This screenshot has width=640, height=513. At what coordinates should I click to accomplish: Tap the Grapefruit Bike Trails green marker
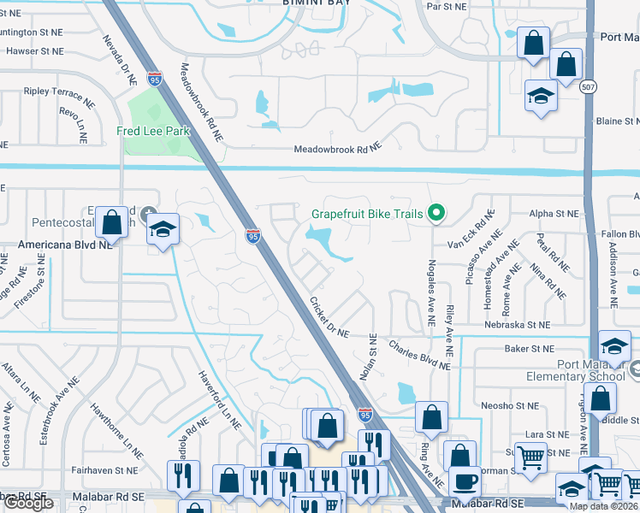(436, 212)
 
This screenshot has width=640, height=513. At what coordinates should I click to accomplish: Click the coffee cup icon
(464, 481)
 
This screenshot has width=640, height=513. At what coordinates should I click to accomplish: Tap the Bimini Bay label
(316, 3)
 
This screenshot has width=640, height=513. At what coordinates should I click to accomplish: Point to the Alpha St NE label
(554, 214)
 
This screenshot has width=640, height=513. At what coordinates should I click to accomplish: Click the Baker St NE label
(529, 348)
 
